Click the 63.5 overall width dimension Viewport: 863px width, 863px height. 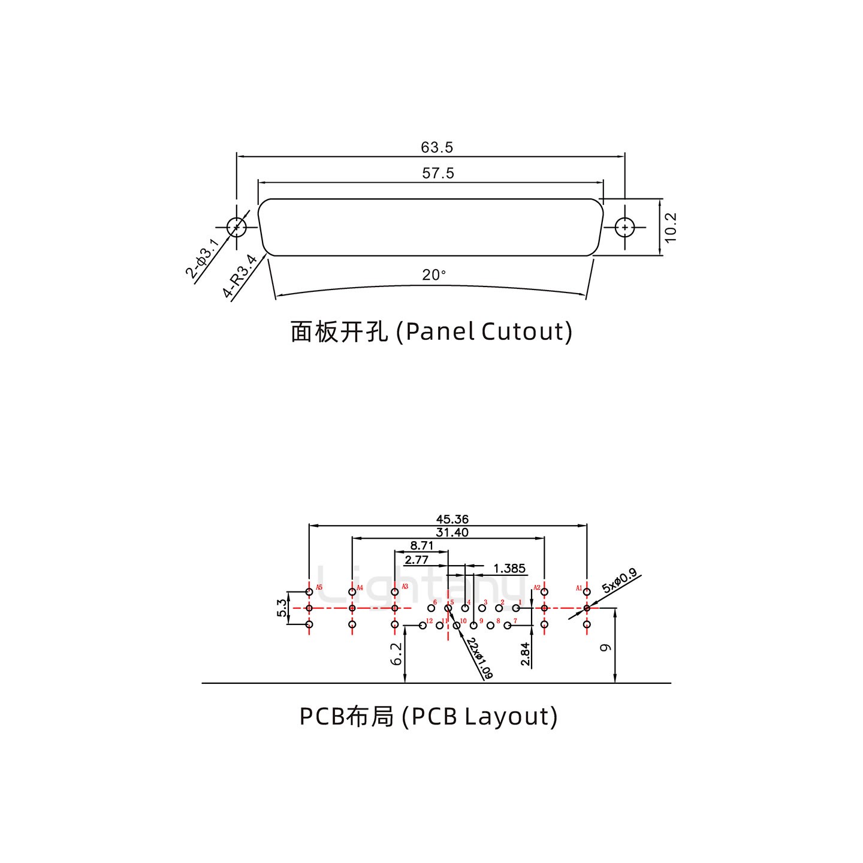(x=437, y=147)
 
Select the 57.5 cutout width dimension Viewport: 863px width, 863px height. (x=438, y=173)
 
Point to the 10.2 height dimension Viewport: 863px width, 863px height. (x=671, y=227)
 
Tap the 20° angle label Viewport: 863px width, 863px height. (x=434, y=275)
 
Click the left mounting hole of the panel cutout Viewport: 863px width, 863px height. (x=237, y=227)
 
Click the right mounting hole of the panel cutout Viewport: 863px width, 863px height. (x=625, y=228)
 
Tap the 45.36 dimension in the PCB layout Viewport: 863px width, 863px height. (x=452, y=519)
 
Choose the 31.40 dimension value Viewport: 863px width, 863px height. (x=452, y=532)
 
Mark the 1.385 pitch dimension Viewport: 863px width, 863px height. (x=509, y=568)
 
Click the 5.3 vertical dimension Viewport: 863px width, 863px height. (x=281, y=608)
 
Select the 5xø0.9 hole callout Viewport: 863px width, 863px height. (x=620, y=582)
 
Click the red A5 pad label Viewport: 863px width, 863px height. (x=319, y=587)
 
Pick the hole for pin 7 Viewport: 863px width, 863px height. (x=508, y=626)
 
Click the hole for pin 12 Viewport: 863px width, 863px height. (x=423, y=626)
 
